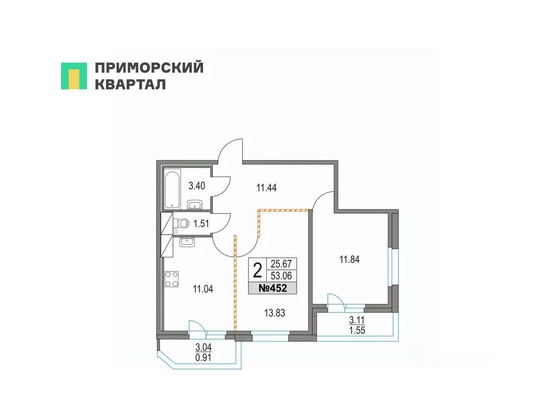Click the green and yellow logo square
(x=74, y=76)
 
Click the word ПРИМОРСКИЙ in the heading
(x=149, y=68)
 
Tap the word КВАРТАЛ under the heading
(x=130, y=85)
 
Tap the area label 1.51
(x=201, y=224)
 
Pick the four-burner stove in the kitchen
(x=171, y=279)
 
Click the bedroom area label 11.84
(x=350, y=259)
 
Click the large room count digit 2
(x=258, y=269)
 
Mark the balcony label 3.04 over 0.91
(x=204, y=352)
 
